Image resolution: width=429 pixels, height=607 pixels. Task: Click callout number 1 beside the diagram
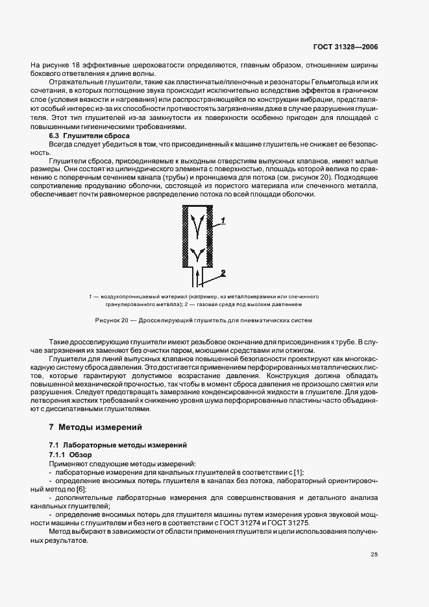[x=223, y=222]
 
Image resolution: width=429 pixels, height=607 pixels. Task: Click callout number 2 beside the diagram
[x=222, y=272]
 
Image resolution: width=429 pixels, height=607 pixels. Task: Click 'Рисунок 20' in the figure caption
[x=112, y=320]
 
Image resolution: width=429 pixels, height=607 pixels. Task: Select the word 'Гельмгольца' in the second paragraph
[x=330, y=84]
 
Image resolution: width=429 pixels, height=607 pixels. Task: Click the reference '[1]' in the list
[x=299, y=472]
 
